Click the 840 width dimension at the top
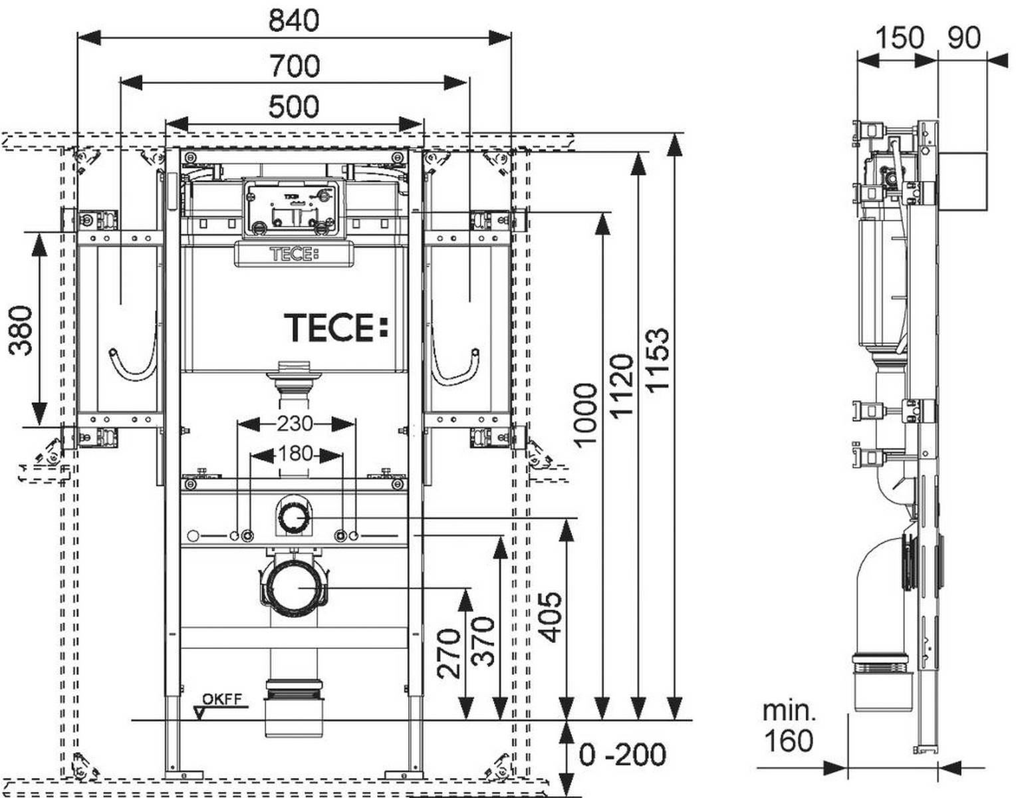(293, 21)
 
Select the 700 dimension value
(294, 66)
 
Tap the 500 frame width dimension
(293, 106)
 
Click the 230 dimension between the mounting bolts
(295, 424)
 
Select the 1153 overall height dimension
(657, 359)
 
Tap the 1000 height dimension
(586, 414)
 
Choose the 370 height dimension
(483, 641)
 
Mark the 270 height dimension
(449, 653)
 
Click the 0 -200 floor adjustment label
(622, 755)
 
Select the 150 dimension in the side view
(898, 37)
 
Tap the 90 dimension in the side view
(963, 37)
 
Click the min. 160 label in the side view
(789, 726)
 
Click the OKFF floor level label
(222, 699)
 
